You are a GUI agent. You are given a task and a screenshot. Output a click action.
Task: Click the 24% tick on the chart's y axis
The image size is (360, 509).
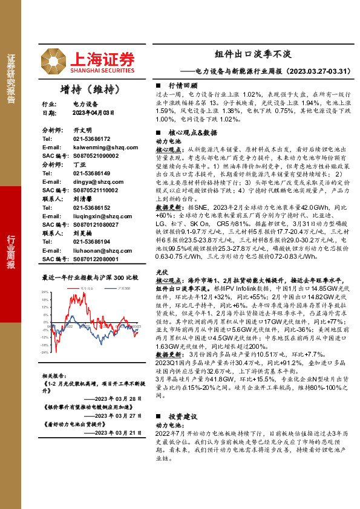point(45,292)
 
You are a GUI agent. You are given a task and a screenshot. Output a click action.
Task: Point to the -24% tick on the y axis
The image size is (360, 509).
point(44,352)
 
